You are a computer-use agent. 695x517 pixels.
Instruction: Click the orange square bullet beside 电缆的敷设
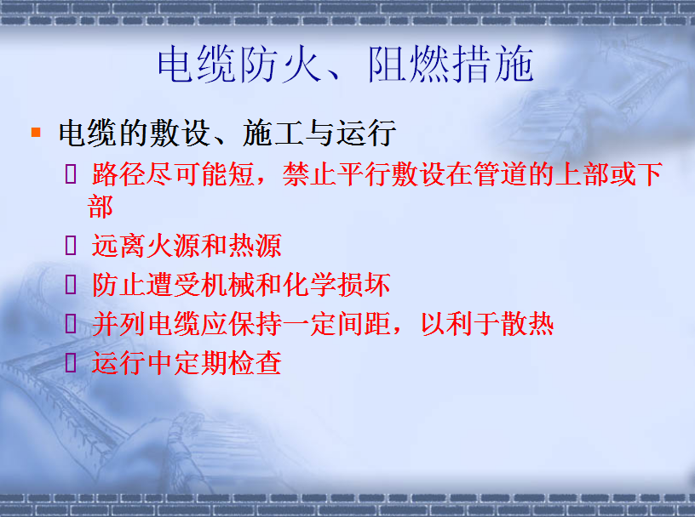36,132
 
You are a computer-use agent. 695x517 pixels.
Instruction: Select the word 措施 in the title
493,65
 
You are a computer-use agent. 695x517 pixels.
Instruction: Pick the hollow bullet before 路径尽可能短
71,173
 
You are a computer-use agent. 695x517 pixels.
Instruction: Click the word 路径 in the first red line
118,174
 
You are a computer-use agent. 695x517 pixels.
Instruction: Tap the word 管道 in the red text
501,174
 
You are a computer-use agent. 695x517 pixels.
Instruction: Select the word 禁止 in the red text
309,174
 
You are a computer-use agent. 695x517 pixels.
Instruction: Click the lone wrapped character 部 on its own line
101,207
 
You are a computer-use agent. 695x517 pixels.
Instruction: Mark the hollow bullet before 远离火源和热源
71,245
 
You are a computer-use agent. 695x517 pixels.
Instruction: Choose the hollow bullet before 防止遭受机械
71,284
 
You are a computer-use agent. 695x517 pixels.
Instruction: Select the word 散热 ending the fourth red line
527,324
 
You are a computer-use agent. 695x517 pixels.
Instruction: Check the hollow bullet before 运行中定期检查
71,362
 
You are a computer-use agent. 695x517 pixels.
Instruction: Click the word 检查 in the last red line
255,363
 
